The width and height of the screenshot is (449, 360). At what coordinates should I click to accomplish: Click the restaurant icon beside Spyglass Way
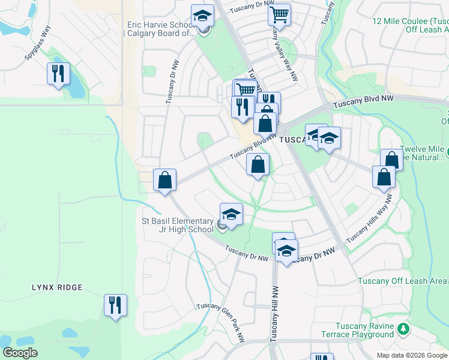[x=58, y=74]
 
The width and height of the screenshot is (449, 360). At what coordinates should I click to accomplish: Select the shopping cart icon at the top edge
[x=279, y=15]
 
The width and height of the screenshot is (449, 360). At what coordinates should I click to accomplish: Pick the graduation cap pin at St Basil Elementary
[x=231, y=214]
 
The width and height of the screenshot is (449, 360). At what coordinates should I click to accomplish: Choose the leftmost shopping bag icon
[x=164, y=179]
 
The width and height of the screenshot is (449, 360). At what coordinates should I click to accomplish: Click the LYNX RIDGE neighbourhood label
[x=57, y=288]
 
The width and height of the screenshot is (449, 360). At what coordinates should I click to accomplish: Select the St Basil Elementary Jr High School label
[x=177, y=225]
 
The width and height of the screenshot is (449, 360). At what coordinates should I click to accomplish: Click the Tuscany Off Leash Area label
[x=402, y=281]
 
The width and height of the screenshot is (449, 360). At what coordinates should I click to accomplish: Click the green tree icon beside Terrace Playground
[x=404, y=329]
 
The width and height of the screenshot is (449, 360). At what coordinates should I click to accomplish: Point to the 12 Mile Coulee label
[x=410, y=25]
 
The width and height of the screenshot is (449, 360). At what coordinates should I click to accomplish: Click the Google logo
[x=20, y=353]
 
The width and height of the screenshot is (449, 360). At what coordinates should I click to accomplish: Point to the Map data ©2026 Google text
[x=412, y=355]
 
